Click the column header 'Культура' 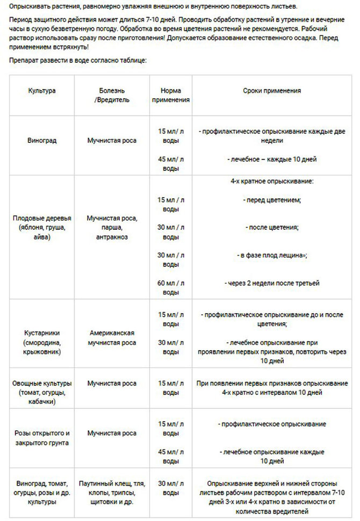[x=41, y=91]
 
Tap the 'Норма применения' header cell [x=170, y=95]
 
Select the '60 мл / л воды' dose [x=170, y=287]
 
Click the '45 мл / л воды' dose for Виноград [x=170, y=164]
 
